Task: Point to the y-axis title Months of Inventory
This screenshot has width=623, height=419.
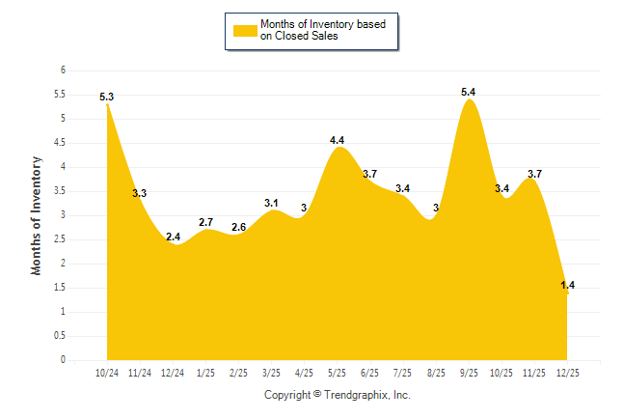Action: (x=37, y=215)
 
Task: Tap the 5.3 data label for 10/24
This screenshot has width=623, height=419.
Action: (x=107, y=97)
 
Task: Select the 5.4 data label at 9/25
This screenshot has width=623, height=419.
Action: (x=469, y=92)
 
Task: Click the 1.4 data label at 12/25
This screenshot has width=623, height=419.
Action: (x=567, y=285)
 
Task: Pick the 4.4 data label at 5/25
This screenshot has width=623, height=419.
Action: (x=337, y=140)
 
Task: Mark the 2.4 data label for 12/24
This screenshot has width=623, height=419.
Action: (x=174, y=237)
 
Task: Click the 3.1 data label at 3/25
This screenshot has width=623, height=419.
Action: (x=271, y=203)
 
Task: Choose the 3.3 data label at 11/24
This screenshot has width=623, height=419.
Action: (x=139, y=193)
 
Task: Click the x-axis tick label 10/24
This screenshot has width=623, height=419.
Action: (x=107, y=373)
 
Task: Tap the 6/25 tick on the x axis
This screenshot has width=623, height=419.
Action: (x=369, y=373)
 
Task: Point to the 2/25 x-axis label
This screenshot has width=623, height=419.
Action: (x=238, y=373)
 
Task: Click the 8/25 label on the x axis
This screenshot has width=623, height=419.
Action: (x=435, y=373)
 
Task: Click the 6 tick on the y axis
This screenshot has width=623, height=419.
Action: (x=63, y=70)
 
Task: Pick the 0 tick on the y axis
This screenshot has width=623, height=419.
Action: (x=63, y=360)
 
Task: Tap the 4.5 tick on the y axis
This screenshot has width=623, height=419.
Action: (x=60, y=143)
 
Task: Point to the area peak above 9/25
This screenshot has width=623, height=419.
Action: (x=469, y=100)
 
